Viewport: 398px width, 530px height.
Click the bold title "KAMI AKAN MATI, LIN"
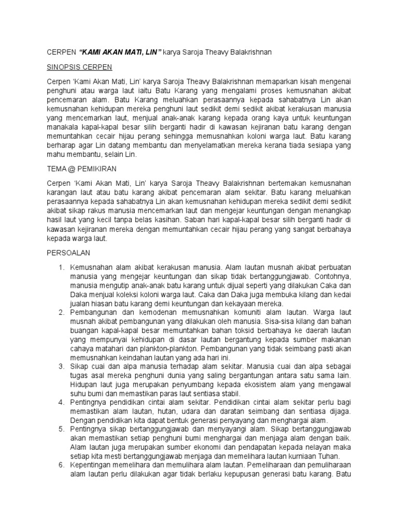point(120,52)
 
